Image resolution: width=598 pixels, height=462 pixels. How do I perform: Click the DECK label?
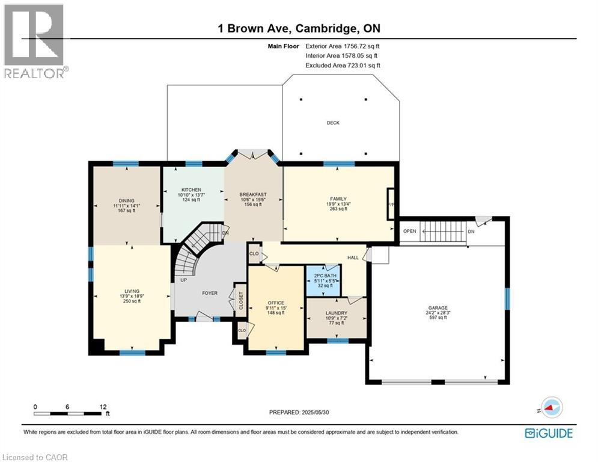[333, 123]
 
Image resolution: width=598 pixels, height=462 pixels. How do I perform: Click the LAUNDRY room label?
[336, 313]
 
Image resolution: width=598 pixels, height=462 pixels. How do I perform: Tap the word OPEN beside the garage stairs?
[410, 231]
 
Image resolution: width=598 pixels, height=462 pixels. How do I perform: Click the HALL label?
[353, 257]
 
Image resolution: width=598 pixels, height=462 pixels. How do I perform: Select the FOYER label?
[209, 294]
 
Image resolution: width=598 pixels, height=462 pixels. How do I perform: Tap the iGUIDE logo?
[548, 433]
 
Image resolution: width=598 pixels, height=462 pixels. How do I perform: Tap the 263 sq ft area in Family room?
[338, 209]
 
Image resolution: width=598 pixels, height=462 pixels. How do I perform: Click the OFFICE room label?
[276, 303]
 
